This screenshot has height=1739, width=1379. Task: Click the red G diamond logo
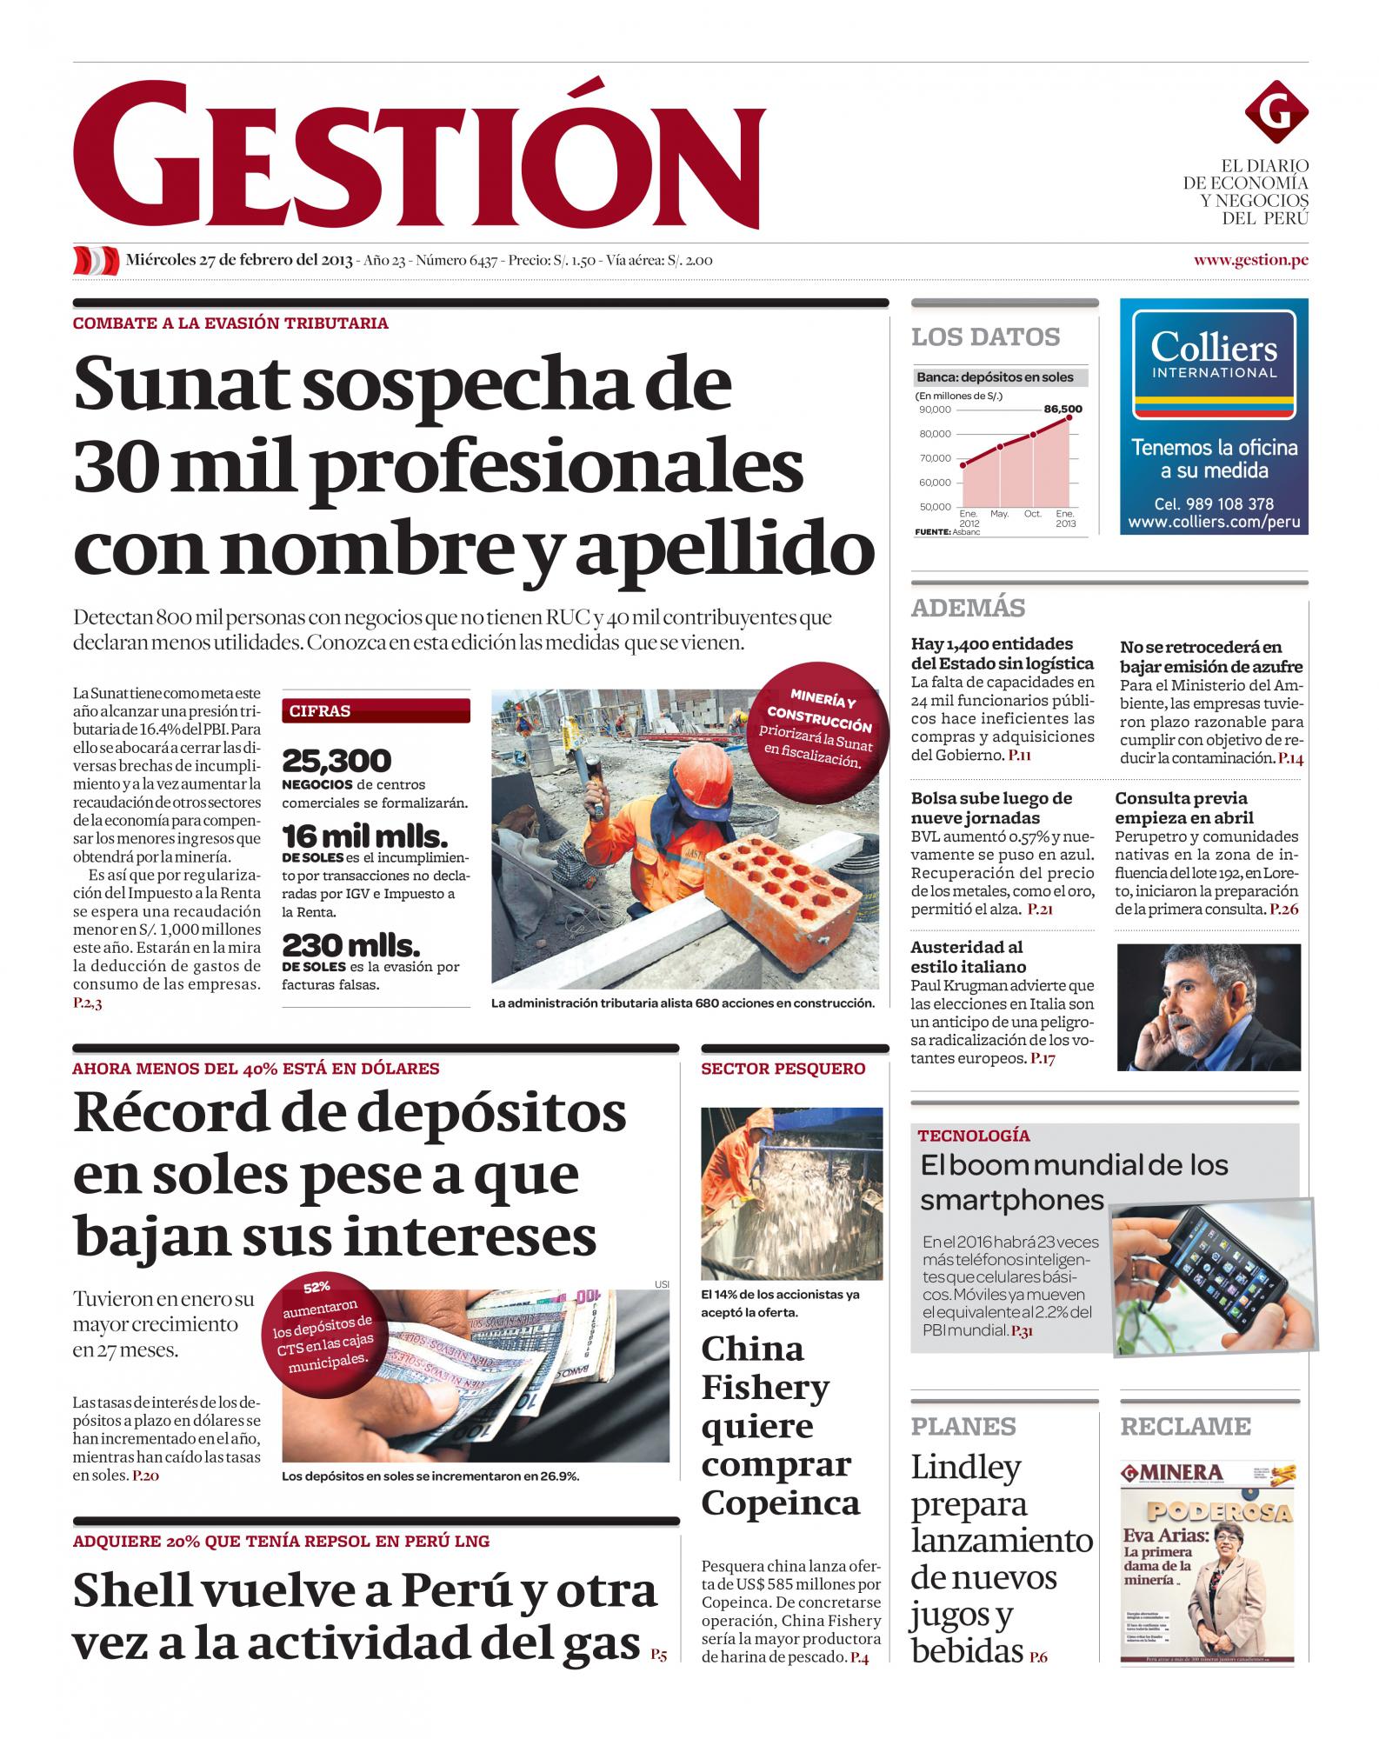pyautogui.click(x=1276, y=113)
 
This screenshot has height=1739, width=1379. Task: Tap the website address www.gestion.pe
pyautogui.click(x=1250, y=259)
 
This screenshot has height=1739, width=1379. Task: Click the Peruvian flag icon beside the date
pyautogui.click(x=96, y=260)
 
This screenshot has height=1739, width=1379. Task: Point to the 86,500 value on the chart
pyautogui.click(x=1063, y=408)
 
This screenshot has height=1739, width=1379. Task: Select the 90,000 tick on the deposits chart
pyautogui.click(x=935, y=410)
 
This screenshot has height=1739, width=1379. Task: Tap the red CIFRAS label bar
pyautogui.click(x=376, y=710)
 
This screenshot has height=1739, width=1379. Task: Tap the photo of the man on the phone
pyautogui.click(x=1208, y=1006)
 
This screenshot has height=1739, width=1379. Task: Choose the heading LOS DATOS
pyautogui.click(x=985, y=337)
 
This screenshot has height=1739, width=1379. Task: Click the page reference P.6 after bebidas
pyautogui.click(x=1038, y=1657)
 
